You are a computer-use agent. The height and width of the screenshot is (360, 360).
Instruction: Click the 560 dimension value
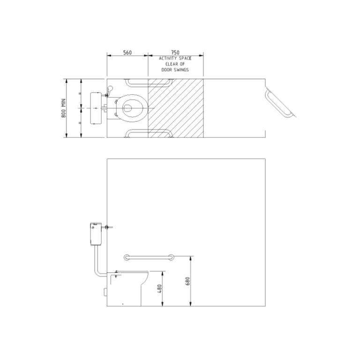(x=127, y=52)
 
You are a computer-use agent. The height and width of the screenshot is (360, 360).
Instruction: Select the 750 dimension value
(x=175, y=52)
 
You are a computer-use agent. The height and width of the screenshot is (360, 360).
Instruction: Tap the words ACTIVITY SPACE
(x=175, y=58)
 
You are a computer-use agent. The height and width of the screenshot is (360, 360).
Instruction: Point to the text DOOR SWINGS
(x=175, y=69)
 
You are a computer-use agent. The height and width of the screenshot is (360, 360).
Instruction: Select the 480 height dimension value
(x=160, y=289)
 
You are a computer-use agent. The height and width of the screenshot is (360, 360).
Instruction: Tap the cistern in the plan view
(x=95, y=108)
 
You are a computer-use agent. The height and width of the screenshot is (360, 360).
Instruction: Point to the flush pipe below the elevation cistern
(x=97, y=262)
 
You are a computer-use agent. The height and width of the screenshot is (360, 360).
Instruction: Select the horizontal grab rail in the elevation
(x=149, y=257)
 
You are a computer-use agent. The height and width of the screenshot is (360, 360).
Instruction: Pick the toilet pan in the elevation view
(x=128, y=288)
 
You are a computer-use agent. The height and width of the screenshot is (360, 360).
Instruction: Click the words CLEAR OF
(x=175, y=64)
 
